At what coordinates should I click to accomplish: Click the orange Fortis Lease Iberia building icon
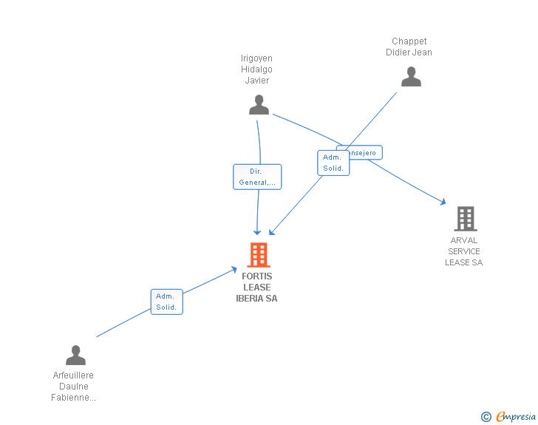[258, 255]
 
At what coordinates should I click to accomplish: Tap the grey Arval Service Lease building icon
[465, 219]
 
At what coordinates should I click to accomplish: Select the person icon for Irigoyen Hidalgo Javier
[259, 105]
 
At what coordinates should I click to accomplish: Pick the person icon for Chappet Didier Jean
[411, 77]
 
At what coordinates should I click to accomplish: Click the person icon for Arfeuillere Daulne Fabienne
[75, 356]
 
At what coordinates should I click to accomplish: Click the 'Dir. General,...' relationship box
[257, 177]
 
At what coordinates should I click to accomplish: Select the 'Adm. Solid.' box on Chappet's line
[333, 163]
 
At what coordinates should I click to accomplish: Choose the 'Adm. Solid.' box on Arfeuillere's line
[166, 302]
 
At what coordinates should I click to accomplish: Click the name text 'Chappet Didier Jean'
[409, 47]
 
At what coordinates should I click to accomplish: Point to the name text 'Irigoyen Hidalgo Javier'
[257, 69]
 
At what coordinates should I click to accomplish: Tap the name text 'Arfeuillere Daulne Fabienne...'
[73, 387]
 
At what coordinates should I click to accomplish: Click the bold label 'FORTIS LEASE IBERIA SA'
[256, 288]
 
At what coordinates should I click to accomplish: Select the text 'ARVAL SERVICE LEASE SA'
[463, 251]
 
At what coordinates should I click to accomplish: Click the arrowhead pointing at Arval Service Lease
[443, 201]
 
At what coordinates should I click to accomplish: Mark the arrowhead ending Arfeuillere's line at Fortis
[234, 270]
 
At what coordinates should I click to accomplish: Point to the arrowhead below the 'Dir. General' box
[257, 231]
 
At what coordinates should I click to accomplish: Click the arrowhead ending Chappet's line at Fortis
[272, 231]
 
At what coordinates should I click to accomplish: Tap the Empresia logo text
[516, 417]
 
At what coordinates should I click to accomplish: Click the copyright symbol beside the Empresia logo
[486, 418]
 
